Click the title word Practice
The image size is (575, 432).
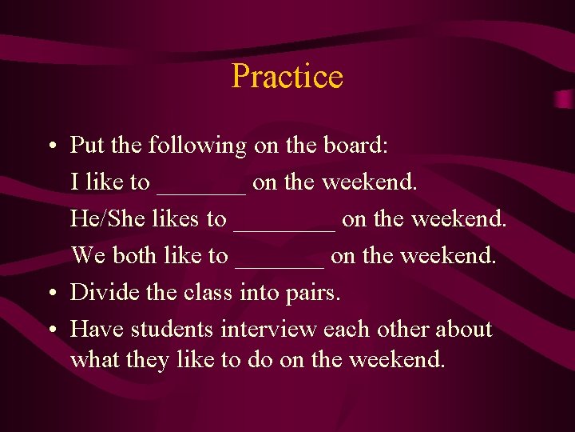click(x=287, y=77)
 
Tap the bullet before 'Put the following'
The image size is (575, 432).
click(x=50, y=146)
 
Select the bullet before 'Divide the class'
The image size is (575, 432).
click(x=50, y=294)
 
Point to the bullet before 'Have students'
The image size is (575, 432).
click(x=50, y=330)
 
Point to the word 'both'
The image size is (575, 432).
click(x=136, y=255)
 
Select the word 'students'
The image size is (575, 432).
click(x=172, y=329)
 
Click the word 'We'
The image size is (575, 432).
click(x=89, y=255)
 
